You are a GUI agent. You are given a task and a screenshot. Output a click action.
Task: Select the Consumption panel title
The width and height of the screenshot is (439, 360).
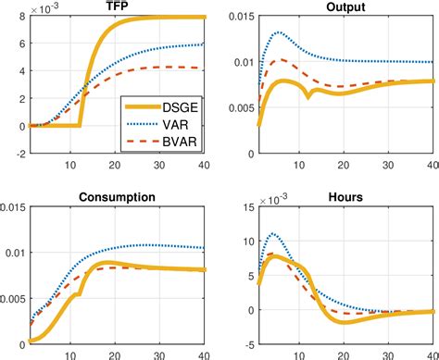[x=117, y=198]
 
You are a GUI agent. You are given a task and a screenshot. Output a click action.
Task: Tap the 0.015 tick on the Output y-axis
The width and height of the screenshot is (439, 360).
[x=233, y=18]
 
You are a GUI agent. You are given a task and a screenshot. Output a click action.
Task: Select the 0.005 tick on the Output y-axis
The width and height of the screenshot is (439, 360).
[x=233, y=107]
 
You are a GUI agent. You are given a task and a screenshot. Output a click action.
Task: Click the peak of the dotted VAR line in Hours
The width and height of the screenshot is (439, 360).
[x=272, y=233]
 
